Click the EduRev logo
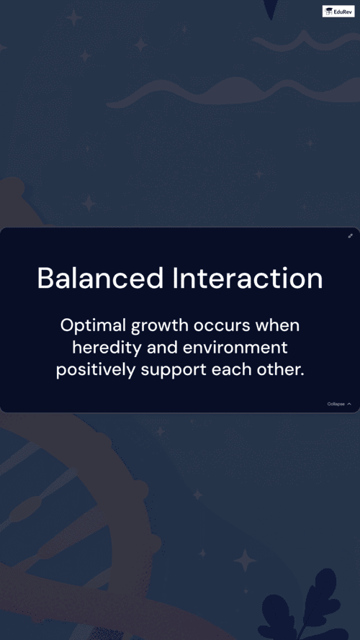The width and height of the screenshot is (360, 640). [x=338, y=11]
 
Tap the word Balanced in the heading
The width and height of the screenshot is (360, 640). [x=100, y=279]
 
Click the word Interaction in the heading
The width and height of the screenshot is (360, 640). [x=248, y=279]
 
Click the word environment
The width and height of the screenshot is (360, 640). [x=235, y=348]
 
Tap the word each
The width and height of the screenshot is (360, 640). [x=228, y=370]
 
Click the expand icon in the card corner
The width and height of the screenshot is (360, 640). [x=350, y=236]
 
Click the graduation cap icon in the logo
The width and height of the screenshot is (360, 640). [x=329, y=12]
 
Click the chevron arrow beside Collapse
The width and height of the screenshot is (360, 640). [x=349, y=404]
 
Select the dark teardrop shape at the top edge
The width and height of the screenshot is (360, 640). [x=271, y=9]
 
